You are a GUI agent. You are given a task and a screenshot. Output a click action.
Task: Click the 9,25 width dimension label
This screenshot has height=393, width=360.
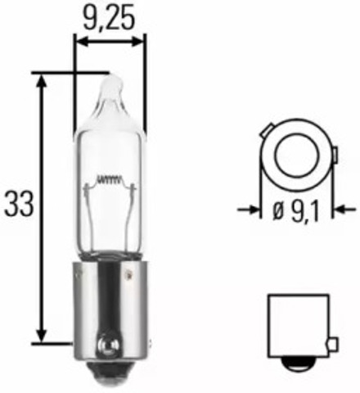click(110, 16)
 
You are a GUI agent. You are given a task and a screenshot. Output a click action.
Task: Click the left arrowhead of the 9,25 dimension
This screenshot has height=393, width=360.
click(79, 39)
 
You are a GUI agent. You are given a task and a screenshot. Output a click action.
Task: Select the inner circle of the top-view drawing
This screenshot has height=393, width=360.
click(290, 155)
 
